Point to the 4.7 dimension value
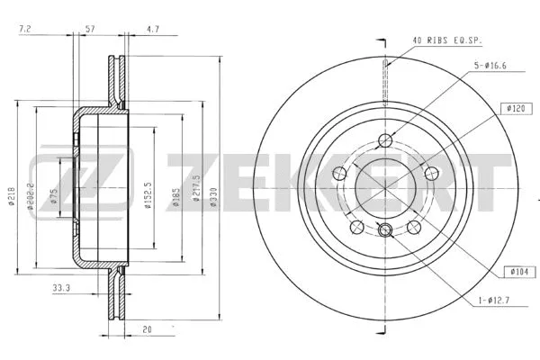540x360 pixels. [152, 31]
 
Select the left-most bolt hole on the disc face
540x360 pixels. [339, 173]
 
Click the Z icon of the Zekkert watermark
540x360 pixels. [56, 179]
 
